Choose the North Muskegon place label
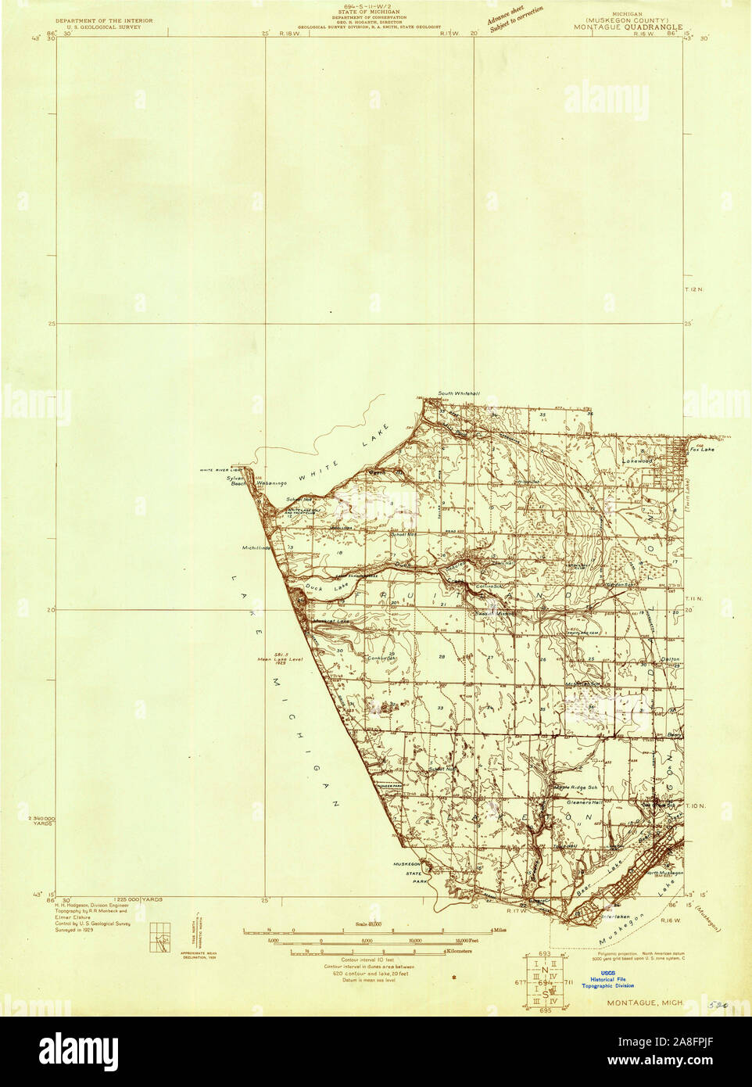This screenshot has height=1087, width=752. pos(664,873)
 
